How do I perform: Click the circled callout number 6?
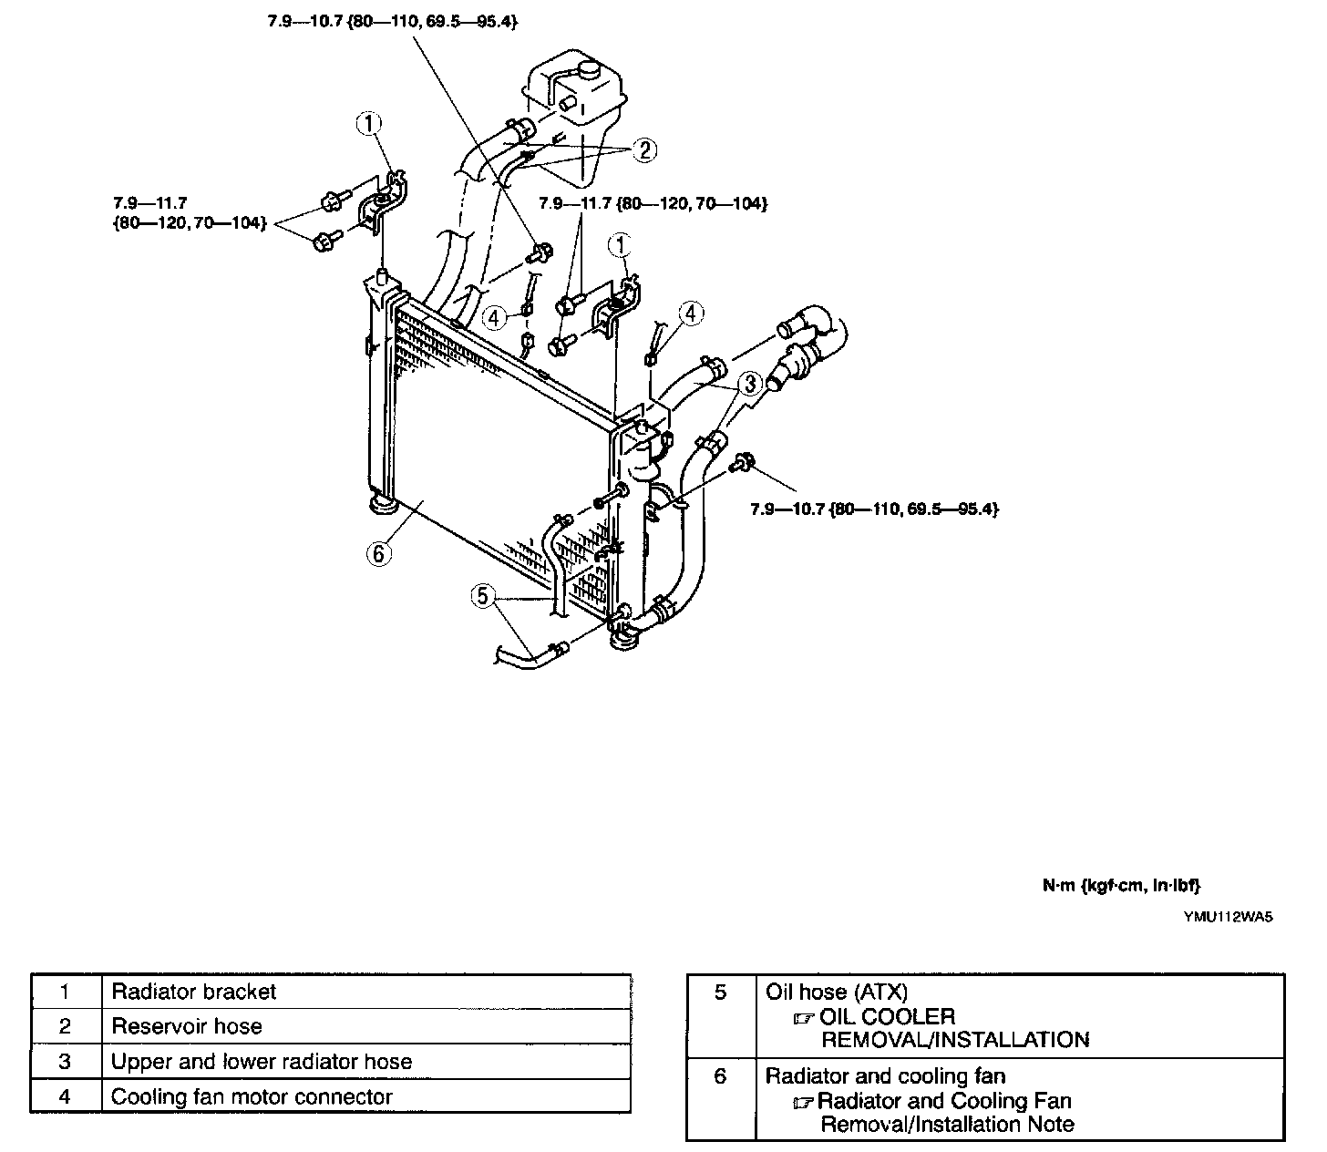(379, 552)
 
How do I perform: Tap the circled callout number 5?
(483, 597)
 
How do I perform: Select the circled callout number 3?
(748, 384)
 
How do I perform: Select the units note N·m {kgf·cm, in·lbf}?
(1121, 885)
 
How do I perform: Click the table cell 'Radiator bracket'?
(193, 992)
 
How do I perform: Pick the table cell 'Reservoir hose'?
(187, 1026)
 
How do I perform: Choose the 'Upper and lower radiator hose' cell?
(262, 1062)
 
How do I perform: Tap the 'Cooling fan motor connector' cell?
(252, 1096)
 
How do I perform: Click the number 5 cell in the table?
(720, 993)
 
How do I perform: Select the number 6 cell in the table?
(720, 1076)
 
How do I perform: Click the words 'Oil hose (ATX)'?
(837, 993)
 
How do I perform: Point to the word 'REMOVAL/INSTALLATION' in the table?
(955, 1040)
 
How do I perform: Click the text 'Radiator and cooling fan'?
(885, 1076)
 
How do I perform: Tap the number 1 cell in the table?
(65, 992)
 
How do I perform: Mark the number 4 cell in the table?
(65, 1096)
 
